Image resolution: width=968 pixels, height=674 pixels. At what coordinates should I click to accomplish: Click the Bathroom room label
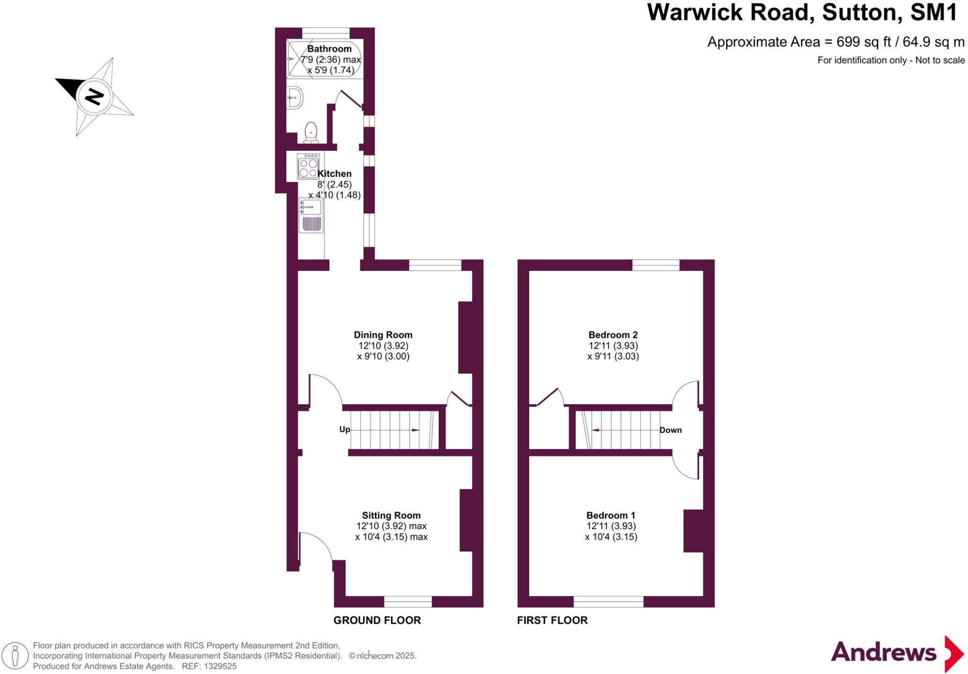pyautogui.click(x=329, y=49)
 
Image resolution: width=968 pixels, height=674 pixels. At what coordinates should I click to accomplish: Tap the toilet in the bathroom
pyautogui.click(x=311, y=132)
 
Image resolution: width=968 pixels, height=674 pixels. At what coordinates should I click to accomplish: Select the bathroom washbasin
pyautogui.click(x=295, y=98)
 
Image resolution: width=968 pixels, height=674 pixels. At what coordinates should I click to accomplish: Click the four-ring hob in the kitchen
pyautogui.click(x=308, y=166)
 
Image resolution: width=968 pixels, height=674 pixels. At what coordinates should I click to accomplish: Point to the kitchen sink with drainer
pyautogui.click(x=311, y=216)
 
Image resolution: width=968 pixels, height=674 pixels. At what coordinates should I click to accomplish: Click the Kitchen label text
pyautogui.click(x=334, y=174)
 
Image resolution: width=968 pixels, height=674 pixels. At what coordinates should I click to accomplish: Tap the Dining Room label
pyautogui.click(x=383, y=335)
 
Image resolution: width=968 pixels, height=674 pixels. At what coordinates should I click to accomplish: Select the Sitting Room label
pyautogui.click(x=391, y=516)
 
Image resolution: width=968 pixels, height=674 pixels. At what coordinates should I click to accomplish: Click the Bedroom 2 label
pyautogui.click(x=613, y=335)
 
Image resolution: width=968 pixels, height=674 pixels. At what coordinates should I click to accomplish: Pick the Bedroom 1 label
pyautogui.click(x=611, y=516)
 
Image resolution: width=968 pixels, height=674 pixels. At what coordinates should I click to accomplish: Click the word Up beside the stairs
pyautogui.click(x=345, y=429)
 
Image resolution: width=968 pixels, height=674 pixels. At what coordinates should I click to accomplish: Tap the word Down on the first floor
pyautogui.click(x=670, y=430)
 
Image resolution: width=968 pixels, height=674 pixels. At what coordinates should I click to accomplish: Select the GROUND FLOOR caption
pyautogui.click(x=377, y=620)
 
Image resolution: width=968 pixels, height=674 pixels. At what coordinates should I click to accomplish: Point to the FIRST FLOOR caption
pyautogui.click(x=552, y=620)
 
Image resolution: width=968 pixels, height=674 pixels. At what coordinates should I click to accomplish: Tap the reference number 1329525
pyautogui.click(x=220, y=666)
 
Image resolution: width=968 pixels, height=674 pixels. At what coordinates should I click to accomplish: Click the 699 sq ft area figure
pyautogui.click(x=864, y=42)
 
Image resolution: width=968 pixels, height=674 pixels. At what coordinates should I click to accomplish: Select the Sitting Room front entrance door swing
pyautogui.click(x=314, y=546)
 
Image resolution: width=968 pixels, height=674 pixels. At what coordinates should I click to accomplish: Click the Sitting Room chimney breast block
pyautogui.click(x=466, y=520)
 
